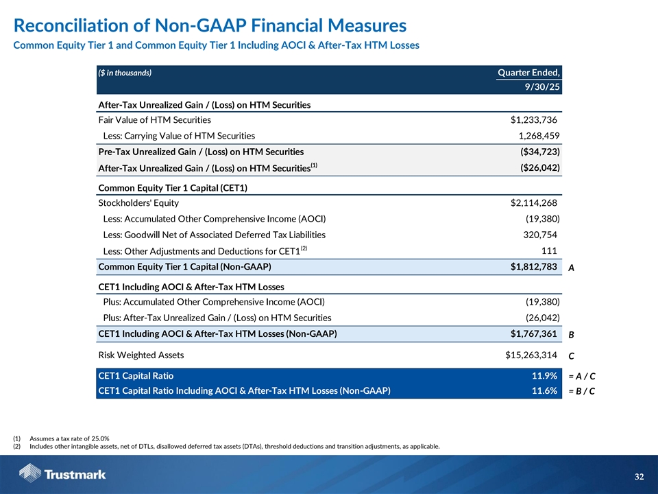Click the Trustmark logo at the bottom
pos(62,473)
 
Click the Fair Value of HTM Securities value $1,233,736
pos(529,119)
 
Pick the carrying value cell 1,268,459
pos(533,136)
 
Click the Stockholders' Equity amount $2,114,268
pos(529,202)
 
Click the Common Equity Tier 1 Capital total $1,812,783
pos(529,266)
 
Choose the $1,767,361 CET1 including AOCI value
pos(529,334)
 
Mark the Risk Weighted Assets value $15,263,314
pos(526,355)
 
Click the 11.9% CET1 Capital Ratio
pos(544,376)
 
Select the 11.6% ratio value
pos(544,391)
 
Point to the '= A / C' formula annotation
pos(581,377)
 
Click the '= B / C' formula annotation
pos(581,392)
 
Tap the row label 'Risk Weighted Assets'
pos(141,355)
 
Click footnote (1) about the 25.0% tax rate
pos(69,438)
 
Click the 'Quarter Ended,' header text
pos(528,73)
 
